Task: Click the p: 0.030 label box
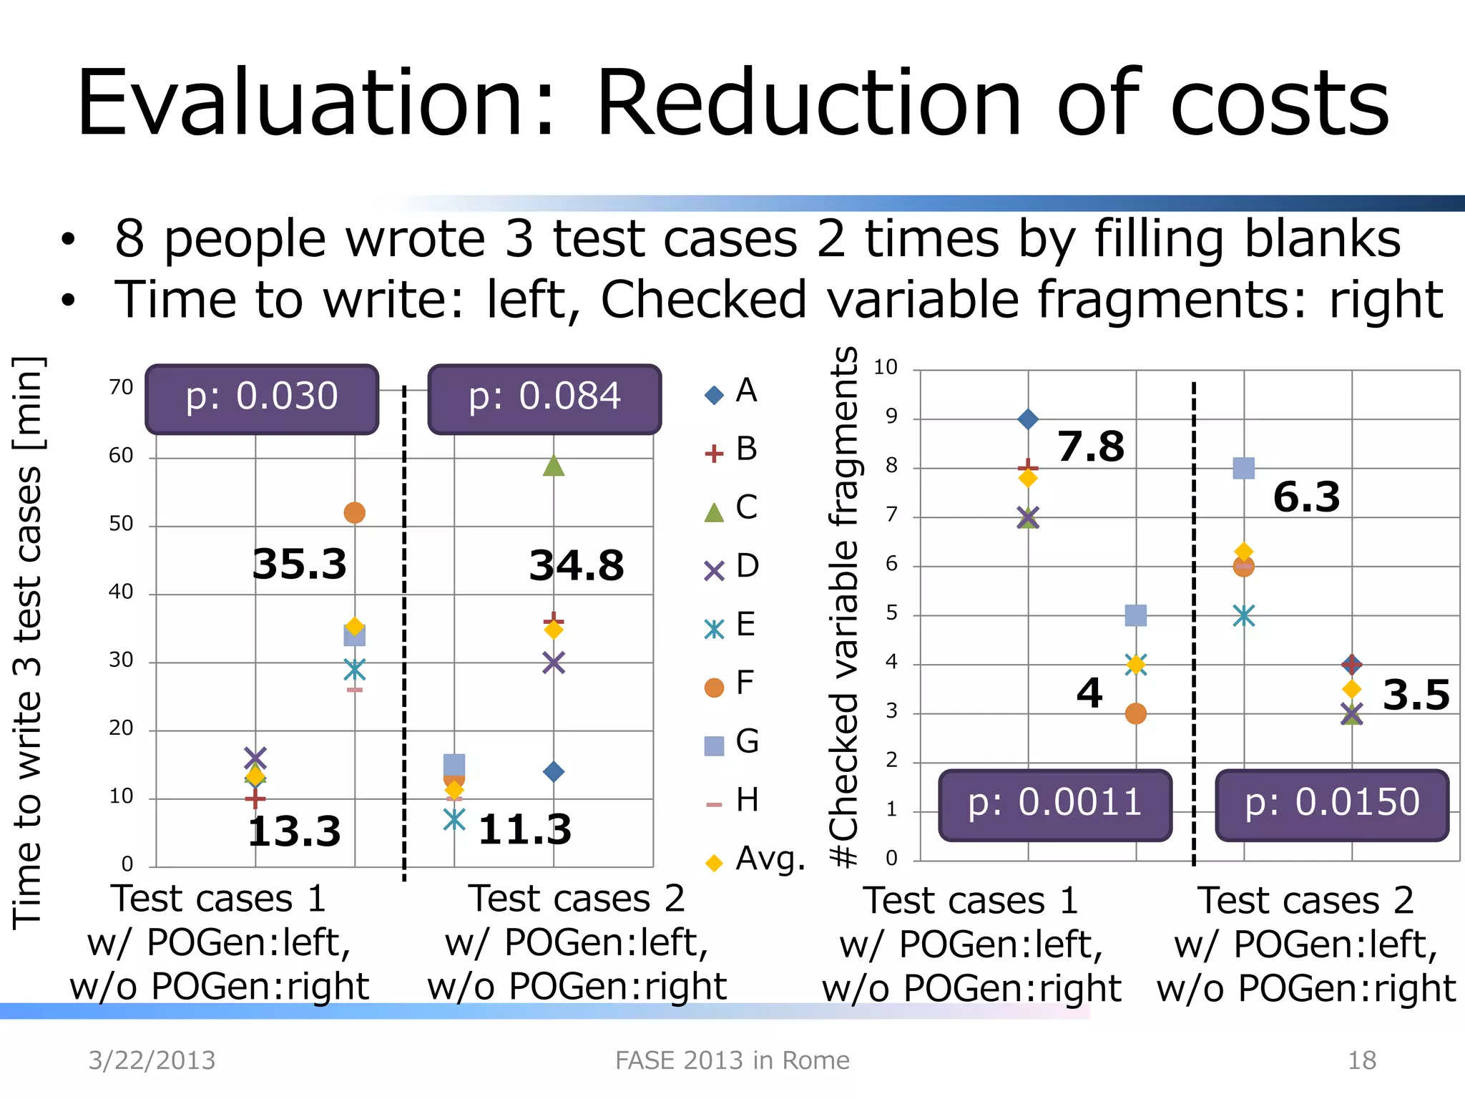[x=262, y=399]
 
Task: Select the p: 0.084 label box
[x=544, y=399]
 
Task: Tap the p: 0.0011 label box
[x=1054, y=804]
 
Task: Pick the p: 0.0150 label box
[x=1332, y=804]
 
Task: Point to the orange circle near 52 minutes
[x=355, y=512]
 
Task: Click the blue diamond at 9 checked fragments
[x=1028, y=419]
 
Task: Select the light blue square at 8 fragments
[x=1244, y=469]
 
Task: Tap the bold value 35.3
[x=300, y=564]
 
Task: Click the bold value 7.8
[x=1091, y=446]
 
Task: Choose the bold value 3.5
[x=1416, y=695]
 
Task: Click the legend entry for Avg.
[x=755, y=859]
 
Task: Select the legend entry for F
[x=730, y=684]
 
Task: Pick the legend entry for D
[x=731, y=567]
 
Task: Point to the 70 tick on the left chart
[x=121, y=387]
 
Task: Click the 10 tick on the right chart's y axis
[x=885, y=367]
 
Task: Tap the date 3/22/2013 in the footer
[x=152, y=1060]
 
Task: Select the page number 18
[x=1361, y=1060]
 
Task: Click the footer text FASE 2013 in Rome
[x=732, y=1060]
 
